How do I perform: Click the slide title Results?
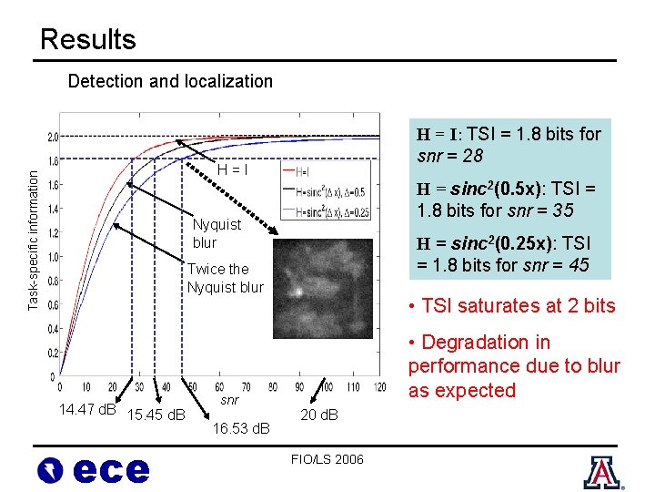click(x=88, y=39)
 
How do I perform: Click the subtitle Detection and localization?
click(x=170, y=81)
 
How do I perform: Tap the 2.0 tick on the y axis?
click(x=53, y=137)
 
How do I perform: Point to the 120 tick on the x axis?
click(x=378, y=388)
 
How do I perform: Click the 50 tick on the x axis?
click(x=191, y=388)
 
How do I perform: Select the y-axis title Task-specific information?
click(x=33, y=227)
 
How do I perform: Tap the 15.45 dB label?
click(x=156, y=416)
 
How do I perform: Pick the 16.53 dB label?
click(x=241, y=427)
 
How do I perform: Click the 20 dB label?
click(x=318, y=415)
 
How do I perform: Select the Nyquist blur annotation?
click(x=217, y=233)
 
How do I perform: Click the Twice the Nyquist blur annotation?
click(x=226, y=278)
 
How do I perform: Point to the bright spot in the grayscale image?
click(x=297, y=293)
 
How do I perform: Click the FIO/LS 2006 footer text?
click(x=327, y=459)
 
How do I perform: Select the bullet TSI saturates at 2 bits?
click(x=512, y=306)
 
